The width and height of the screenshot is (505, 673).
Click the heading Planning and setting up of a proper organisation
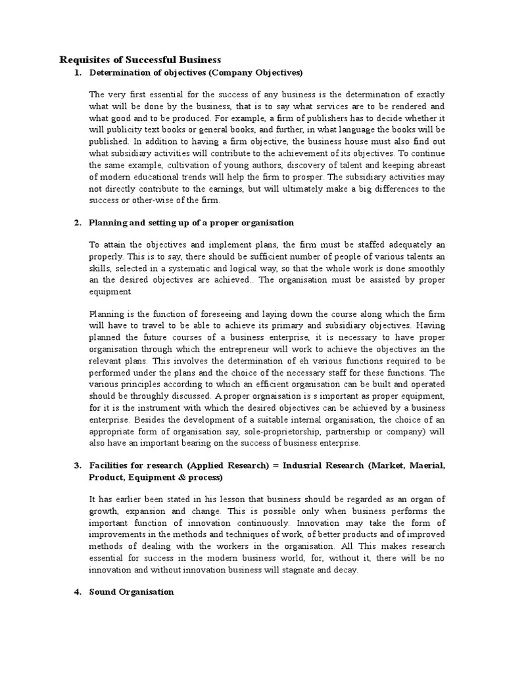pos(191,223)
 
